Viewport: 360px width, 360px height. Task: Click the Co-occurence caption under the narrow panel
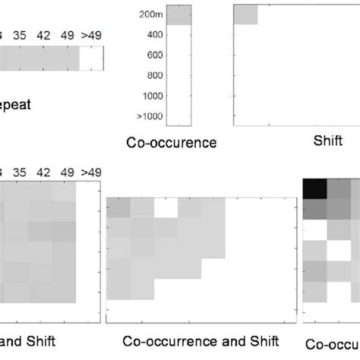172,142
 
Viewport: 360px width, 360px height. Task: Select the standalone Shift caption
328,141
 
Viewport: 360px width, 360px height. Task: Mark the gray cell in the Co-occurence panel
179,15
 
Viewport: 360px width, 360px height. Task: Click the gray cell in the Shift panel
245,14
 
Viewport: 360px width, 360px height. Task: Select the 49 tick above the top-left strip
68,34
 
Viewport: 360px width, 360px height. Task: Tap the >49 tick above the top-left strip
91,34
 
